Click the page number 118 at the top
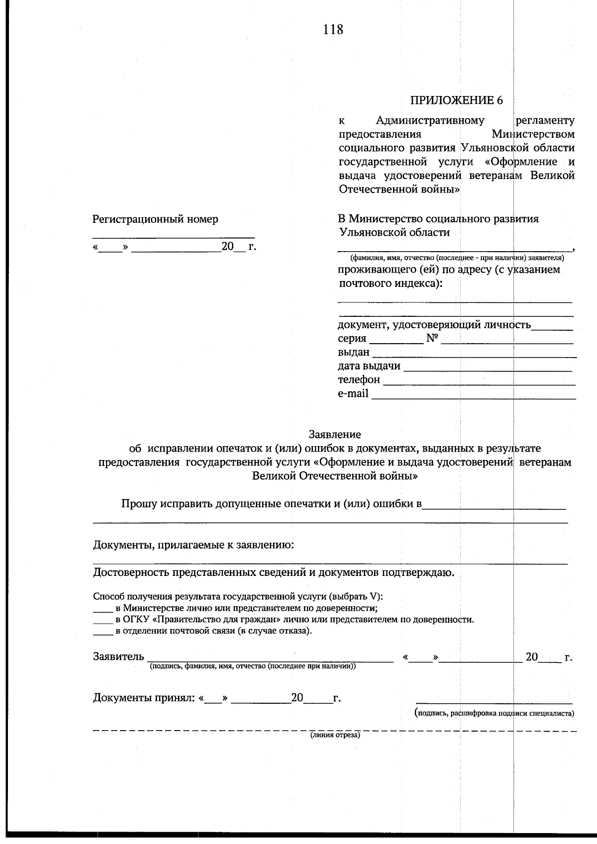click(x=333, y=30)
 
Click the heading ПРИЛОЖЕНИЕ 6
click(x=456, y=100)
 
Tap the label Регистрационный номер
click(x=155, y=219)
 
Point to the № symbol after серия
click(x=432, y=339)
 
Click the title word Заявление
click(x=335, y=434)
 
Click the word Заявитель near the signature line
click(x=118, y=656)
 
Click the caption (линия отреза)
click(x=335, y=735)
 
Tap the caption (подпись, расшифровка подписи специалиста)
click(x=495, y=713)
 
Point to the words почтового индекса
click(x=390, y=283)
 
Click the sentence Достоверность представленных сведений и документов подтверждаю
click(x=273, y=572)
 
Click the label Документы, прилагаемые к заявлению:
click(x=194, y=545)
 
